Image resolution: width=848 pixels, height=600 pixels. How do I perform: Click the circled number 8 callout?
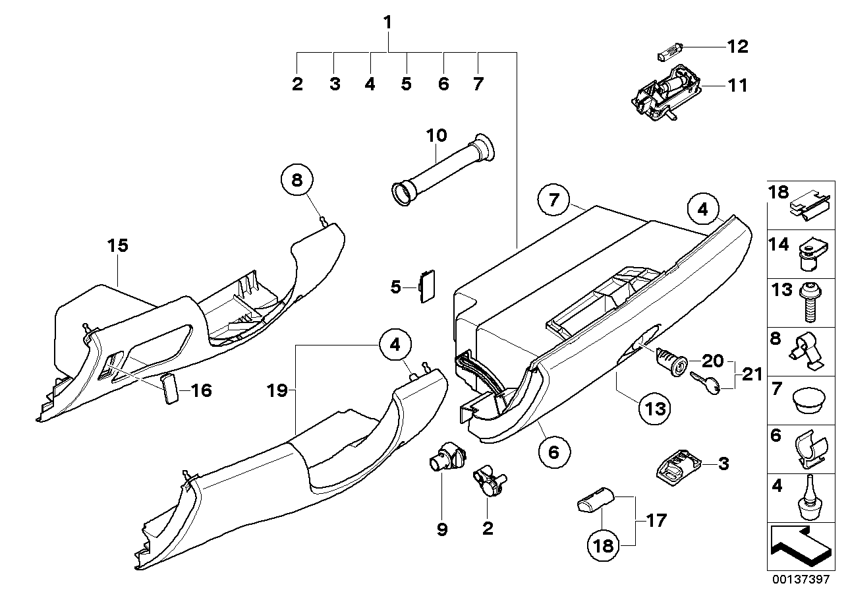click(x=297, y=181)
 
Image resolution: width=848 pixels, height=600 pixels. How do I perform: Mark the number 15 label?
click(x=119, y=246)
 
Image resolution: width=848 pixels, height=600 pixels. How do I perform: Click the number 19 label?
click(x=278, y=390)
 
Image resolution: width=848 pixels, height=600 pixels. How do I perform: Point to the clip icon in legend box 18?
click(x=808, y=206)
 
